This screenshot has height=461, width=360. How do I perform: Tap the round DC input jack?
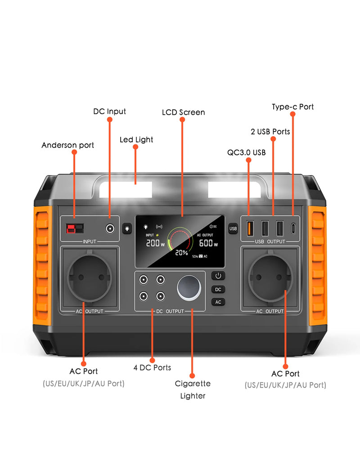(x=109, y=228)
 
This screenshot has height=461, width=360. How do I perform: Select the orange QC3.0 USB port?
(x=249, y=228)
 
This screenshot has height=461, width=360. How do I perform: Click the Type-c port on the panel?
(x=293, y=228)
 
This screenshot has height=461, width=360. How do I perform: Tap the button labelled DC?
(x=218, y=289)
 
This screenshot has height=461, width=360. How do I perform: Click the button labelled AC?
(x=218, y=302)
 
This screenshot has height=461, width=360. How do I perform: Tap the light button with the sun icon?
(x=127, y=228)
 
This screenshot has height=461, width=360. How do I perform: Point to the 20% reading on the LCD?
(x=181, y=252)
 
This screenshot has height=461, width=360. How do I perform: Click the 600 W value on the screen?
(x=208, y=243)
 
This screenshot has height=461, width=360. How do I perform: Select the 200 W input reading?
(x=154, y=243)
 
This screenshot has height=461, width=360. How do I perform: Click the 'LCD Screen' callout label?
(x=183, y=112)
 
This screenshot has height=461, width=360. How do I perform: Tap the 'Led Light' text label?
(x=136, y=140)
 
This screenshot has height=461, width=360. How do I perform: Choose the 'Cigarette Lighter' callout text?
(x=193, y=389)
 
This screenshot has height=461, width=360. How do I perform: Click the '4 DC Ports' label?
(x=152, y=367)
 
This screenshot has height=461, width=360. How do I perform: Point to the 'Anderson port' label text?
(x=68, y=145)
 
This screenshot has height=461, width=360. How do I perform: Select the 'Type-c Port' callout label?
(x=292, y=107)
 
